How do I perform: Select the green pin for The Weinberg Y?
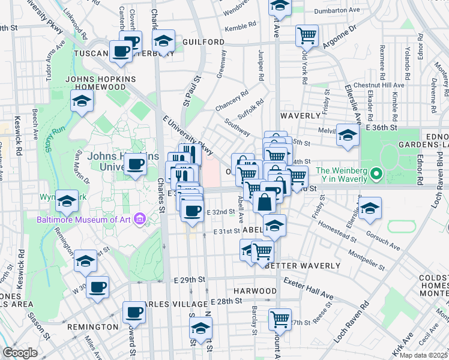376,175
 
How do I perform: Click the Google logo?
20,353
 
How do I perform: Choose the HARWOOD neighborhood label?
255,290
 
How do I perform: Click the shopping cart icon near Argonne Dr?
307,35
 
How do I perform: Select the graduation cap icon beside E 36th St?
348,134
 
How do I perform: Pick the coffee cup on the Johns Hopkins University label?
136,163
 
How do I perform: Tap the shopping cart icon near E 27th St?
280,319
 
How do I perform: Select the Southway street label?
237,125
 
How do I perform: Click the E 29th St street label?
190,280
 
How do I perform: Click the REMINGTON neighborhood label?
92,327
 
